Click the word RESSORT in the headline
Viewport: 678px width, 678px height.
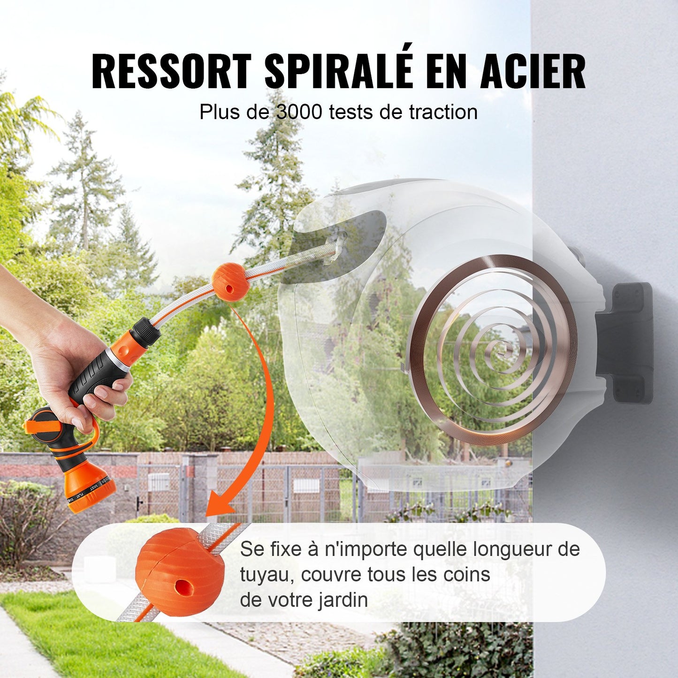click(171, 71)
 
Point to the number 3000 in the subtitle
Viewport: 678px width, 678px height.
click(299, 113)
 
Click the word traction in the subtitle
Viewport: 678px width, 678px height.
click(443, 113)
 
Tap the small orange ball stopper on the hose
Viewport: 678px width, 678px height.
click(229, 282)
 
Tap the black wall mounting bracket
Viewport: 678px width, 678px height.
click(626, 343)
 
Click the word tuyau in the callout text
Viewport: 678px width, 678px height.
click(263, 575)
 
